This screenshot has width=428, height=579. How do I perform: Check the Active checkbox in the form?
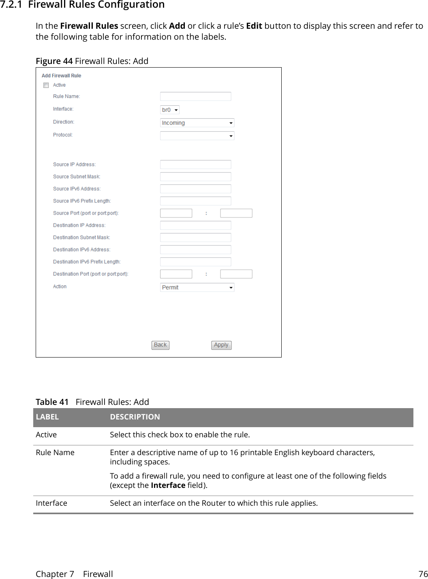click(46, 85)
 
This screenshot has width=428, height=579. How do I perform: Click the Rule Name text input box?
click(195, 96)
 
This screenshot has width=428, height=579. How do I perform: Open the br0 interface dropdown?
click(170, 110)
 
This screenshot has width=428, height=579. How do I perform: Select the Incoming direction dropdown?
click(197, 123)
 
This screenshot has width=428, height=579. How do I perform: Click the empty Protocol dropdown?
click(197, 136)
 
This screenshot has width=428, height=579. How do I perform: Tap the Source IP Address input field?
click(195, 164)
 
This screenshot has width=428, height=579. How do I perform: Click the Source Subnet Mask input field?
click(195, 177)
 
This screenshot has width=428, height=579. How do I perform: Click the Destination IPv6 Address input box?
click(195, 249)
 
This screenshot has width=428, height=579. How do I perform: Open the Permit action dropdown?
click(197, 287)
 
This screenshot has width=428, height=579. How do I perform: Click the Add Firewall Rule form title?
click(61, 76)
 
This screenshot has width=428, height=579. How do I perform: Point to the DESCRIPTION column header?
click(135, 417)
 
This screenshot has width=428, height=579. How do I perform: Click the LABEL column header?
click(47, 417)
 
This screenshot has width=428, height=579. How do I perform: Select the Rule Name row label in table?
click(55, 453)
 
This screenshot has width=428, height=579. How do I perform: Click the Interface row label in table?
click(51, 503)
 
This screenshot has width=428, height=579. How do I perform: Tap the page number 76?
click(423, 574)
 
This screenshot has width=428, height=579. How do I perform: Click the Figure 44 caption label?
click(54, 61)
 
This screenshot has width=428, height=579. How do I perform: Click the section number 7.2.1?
click(11, 5)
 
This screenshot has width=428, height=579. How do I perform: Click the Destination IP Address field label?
click(79, 226)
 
